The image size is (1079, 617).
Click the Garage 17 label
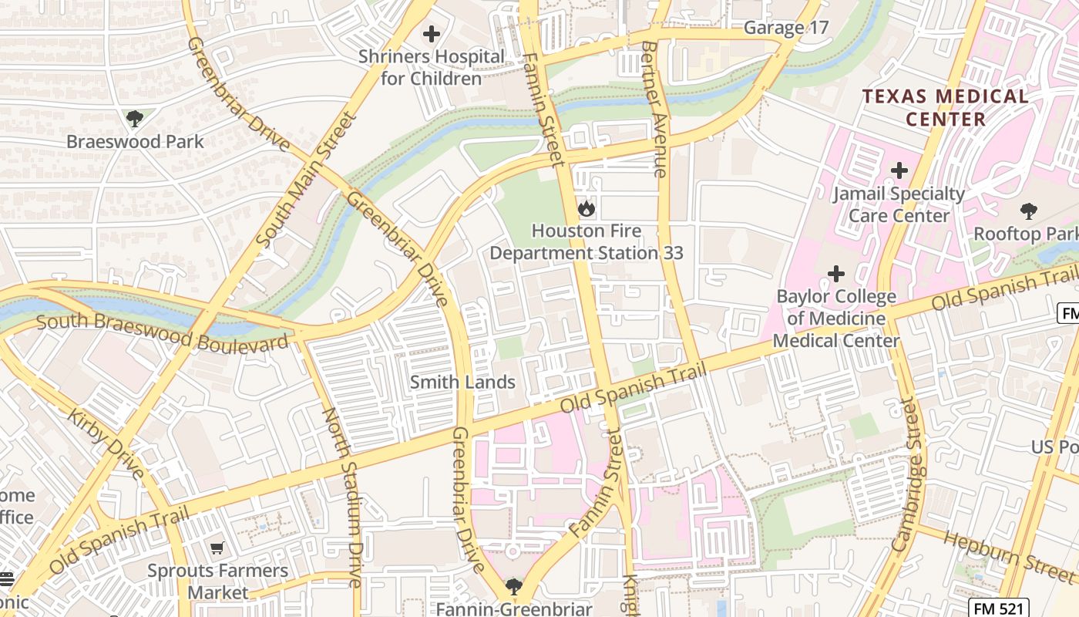click(785, 29)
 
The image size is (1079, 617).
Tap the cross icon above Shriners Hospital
click(432, 34)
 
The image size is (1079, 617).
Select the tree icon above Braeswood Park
click(135, 119)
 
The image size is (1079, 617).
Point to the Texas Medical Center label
click(945, 108)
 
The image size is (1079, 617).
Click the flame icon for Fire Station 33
click(586, 208)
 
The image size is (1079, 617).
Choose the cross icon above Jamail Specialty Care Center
click(899, 170)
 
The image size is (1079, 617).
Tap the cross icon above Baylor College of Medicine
click(835, 274)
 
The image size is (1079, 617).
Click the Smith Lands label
click(462, 382)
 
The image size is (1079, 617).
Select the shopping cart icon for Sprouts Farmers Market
click(217, 548)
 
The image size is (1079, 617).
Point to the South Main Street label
click(306, 180)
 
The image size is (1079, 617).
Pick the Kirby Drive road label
click(106, 443)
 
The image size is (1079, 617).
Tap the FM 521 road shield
click(998, 609)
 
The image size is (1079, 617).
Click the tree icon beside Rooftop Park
click(1028, 211)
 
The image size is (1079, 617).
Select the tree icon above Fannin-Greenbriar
click(513, 587)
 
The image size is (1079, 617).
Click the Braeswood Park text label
click(135, 142)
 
